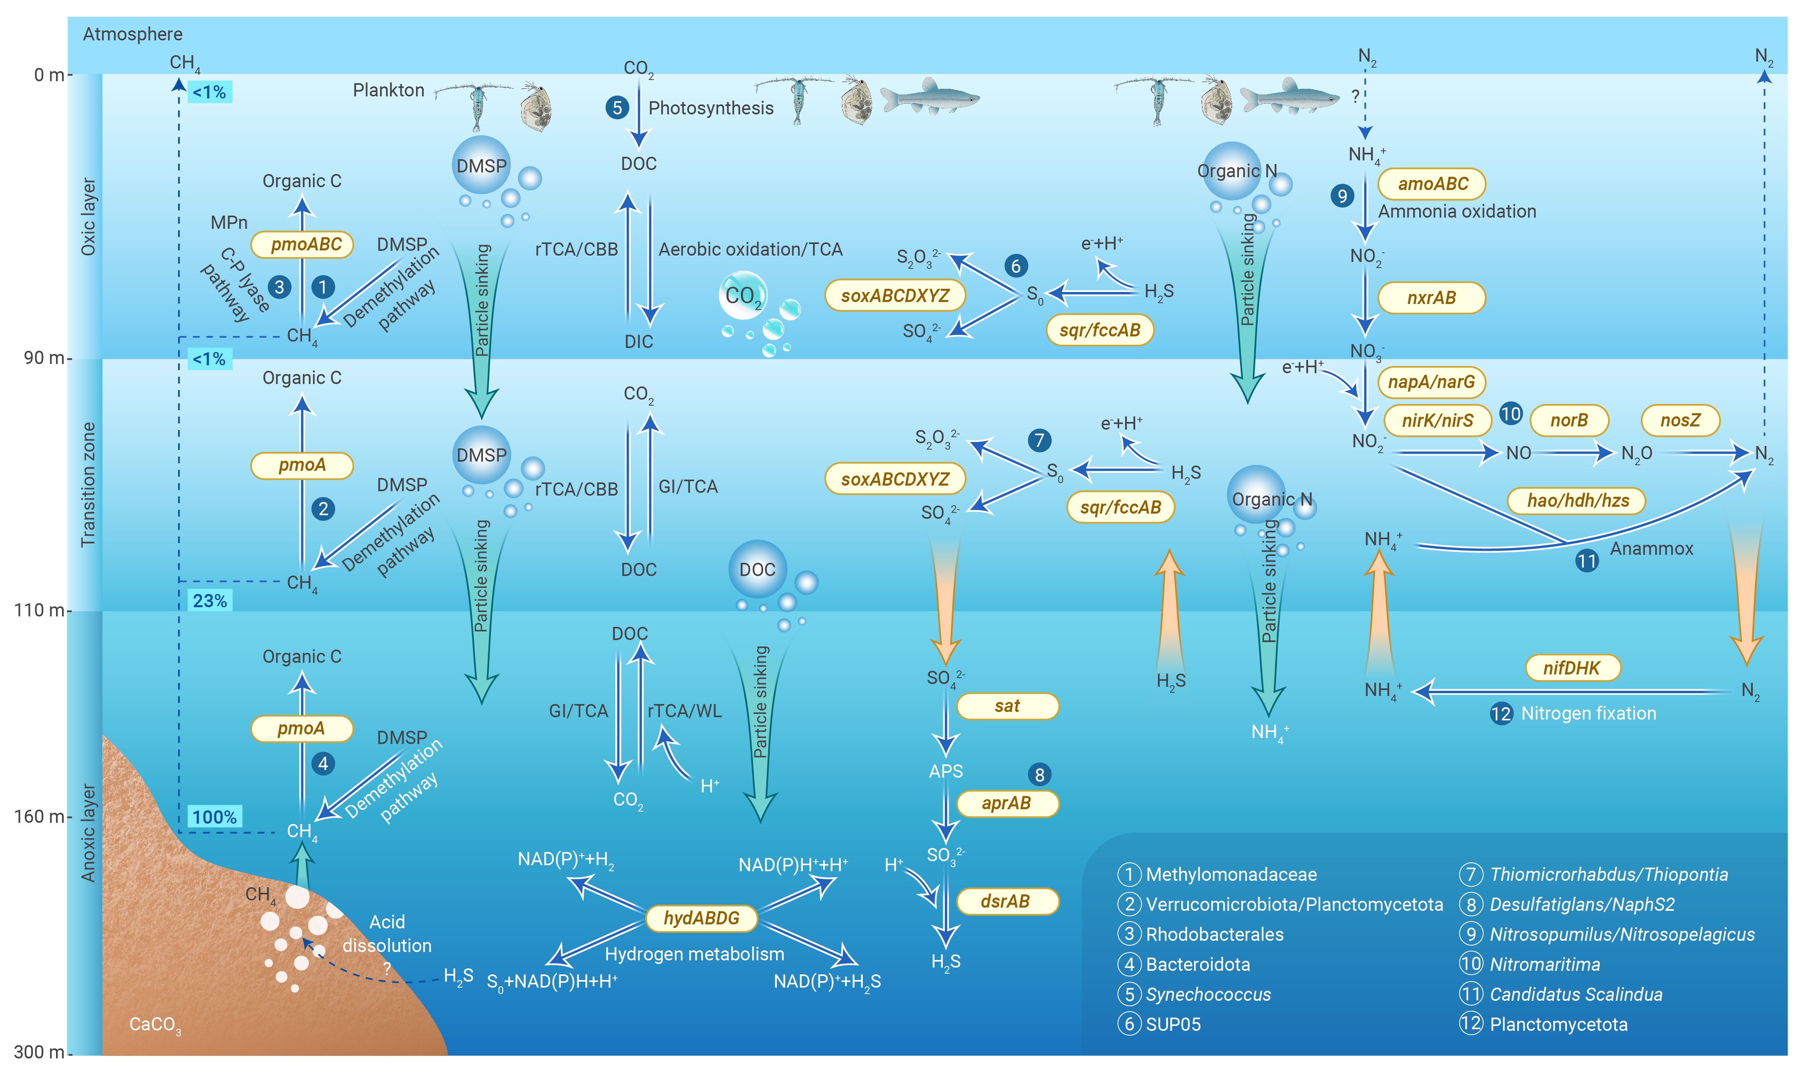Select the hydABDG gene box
[x=701, y=918]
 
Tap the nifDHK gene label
[x=1572, y=668]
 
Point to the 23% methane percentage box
[x=210, y=600]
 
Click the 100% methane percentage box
[x=214, y=817]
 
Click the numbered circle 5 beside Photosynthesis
[x=617, y=108]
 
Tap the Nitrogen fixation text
[x=1588, y=714]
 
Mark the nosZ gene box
[x=1680, y=420]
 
